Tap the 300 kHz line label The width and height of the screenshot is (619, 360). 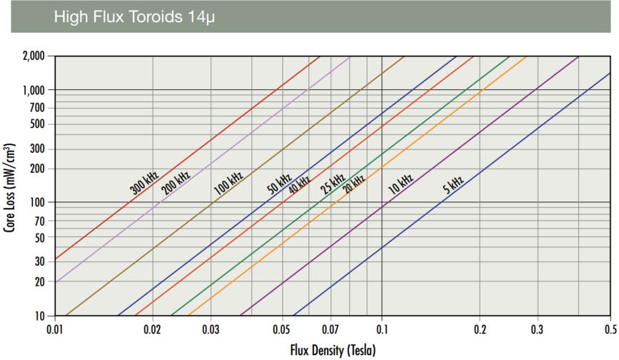tap(144, 182)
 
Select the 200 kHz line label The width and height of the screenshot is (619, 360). tap(176, 182)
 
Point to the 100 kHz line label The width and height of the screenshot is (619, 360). tap(228, 184)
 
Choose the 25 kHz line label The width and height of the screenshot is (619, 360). tap(333, 184)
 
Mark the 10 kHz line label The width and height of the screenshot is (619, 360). tap(401, 183)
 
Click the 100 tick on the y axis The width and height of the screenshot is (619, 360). tap(39, 203)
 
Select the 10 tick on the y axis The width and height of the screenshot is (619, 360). tap(41, 316)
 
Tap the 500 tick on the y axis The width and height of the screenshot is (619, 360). tap(39, 124)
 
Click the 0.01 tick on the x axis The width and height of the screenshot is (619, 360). tap(54, 331)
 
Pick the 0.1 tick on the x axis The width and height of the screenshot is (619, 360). tap(382, 331)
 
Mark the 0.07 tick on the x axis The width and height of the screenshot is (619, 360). tap(331, 331)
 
